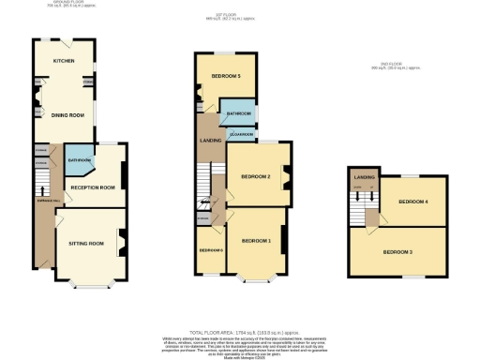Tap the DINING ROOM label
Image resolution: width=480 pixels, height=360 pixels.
[67, 115]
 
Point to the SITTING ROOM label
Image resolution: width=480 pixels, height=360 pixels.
[86, 243]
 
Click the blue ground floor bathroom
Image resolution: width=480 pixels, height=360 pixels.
[79, 163]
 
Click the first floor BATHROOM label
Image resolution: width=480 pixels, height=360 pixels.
[238, 114]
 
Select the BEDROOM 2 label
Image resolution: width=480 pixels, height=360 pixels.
[255, 176]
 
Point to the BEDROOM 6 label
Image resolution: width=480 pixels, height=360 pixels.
[208, 250]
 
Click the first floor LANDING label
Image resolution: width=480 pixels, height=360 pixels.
[210, 142]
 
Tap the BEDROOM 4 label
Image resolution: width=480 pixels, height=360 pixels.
[412, 202]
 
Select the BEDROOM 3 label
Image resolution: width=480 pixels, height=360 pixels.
[397, 251]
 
